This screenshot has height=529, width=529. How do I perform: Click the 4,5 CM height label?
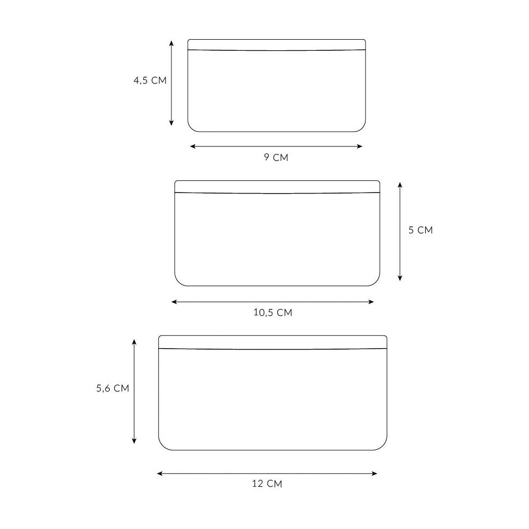click(150, 80)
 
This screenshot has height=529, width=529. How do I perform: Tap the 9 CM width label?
click(276, 158)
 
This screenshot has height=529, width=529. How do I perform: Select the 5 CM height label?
click(421, 230)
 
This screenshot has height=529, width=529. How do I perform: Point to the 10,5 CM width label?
click(272, 313)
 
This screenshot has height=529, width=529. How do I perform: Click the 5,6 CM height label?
click(113, 388)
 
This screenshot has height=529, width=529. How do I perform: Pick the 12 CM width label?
click(267, 484)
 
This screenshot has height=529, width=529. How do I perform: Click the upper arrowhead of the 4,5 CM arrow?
click(171, 43)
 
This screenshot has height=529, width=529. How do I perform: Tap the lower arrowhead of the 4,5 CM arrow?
click(171, 123)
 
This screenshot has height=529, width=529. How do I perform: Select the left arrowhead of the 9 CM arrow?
click(193, 147)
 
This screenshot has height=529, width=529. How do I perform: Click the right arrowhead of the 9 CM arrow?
click(360, 147)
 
